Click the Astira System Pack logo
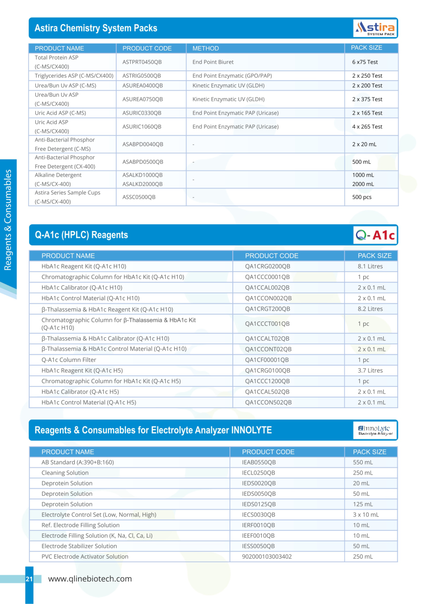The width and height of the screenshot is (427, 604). pyautogui.click(x=375, y=28)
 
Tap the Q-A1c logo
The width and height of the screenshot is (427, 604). pyautogui.click(x=375, y=235)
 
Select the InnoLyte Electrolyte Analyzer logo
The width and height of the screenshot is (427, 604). pyautogui.click(x=375, y=430)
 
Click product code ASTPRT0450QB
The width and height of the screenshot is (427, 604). pyautogui.click(x=142, y=62)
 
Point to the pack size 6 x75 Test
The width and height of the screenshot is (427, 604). pyautogui.click(x=365, y=62)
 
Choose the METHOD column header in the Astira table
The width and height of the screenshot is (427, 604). pyautogui.click(x=206, y=48)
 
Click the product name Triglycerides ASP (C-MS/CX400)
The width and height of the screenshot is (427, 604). pyautogui.click(x=74, y=76)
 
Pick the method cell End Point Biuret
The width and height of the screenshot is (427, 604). pyautogui.click(x=213, y=62)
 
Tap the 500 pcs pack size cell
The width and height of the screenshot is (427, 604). pyautogui.click(x=362, y=197)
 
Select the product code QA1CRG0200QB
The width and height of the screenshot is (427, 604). pyautogui.click(x=267, y=266)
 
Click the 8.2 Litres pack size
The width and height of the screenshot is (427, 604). pyautogui.click(x=370, y=309)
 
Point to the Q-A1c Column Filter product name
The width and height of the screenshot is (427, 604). pyautogui.click(x=69, y=360)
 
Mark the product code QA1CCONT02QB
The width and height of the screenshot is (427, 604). pyautogui.click(x=268, y=349)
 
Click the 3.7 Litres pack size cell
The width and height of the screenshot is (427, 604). pyautogui.click(x=370, y=370)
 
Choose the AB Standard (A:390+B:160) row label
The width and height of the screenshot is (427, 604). pyautogui.click(x=78, y=462)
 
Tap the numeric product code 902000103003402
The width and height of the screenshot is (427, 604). pyautogui.click(x=267, y=557)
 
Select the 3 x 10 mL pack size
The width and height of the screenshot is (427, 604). pyautogui.click(x=366, y=515)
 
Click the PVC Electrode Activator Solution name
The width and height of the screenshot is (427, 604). pyautogui.click(x=85, y=557)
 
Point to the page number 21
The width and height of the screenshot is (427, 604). pyautogui.click(x=29, y=579)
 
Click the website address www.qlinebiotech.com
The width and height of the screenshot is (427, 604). pyautogui.click(x=90, y=579)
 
